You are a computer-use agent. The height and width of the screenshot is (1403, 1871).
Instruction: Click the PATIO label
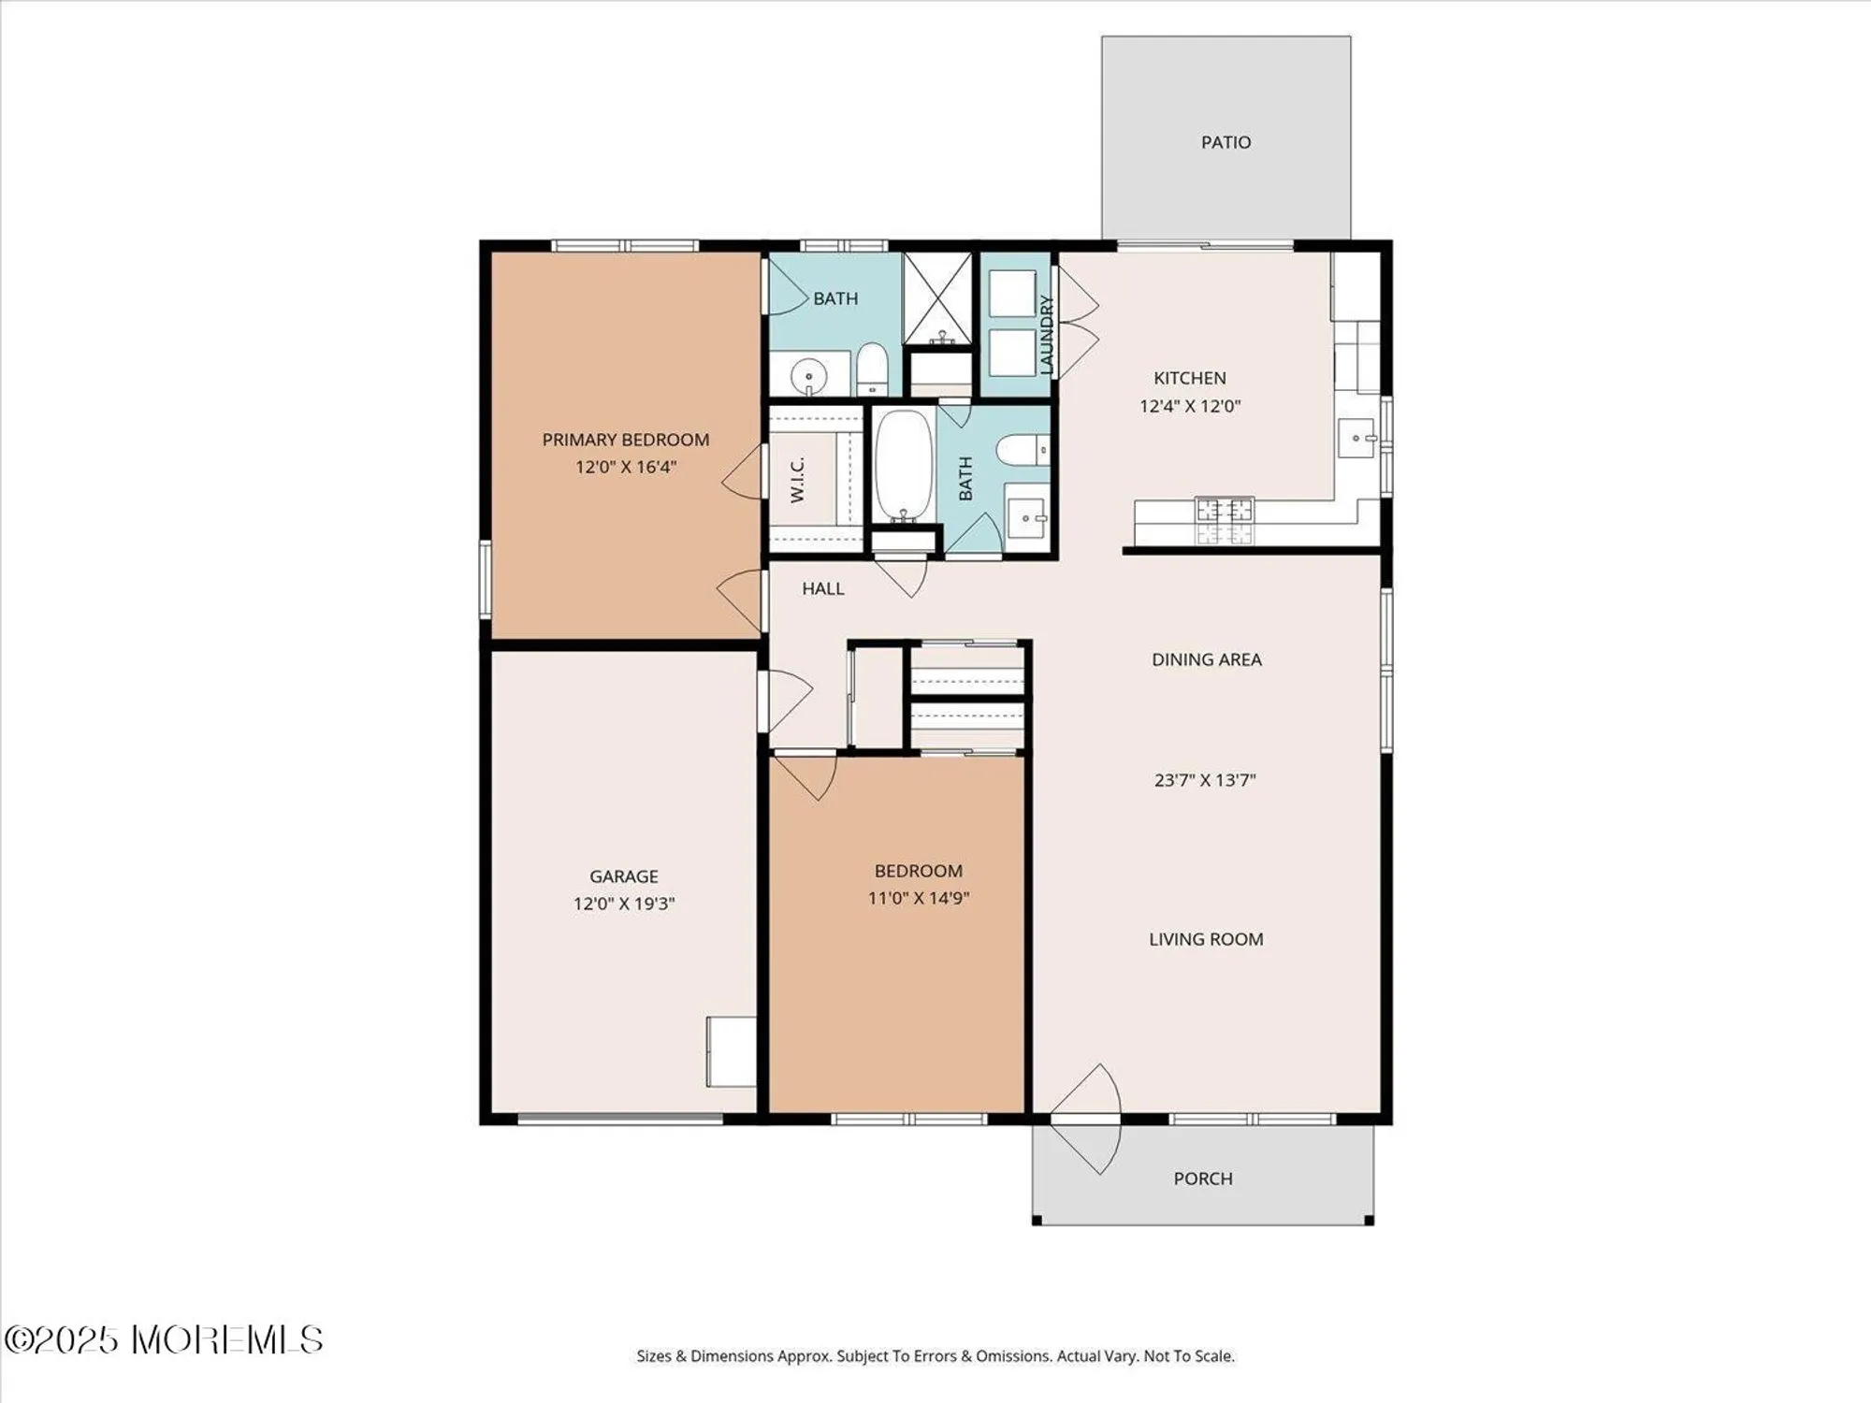pyautogui.click(x=1226, y=142)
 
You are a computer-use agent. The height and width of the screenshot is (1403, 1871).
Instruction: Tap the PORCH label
pyautogui.click(x=1203, y=1179)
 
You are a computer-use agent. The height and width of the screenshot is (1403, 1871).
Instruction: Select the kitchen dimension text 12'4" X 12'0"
pyautogui.click(x=1190, y=406)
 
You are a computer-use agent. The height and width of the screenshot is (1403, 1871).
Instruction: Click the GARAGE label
pyautogui.click(x=624, y=876)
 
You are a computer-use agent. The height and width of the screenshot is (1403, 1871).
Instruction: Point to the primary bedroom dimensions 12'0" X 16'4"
pyautogui.click(x=625, y=467)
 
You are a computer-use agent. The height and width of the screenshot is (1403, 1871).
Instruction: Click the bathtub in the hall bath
pyautogui.click(x=904, y=465)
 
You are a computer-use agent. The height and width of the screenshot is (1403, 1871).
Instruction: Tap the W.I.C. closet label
pyautogui.click(x=797, y=480)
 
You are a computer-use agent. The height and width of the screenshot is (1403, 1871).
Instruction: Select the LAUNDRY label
pyautogui.click(x=1047, y=334)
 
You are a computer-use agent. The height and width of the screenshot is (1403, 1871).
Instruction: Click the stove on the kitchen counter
pyautogui.click(x=1225, y=521)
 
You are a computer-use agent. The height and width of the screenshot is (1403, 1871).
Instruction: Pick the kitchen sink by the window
pyautogui.click(x=1356, y=438)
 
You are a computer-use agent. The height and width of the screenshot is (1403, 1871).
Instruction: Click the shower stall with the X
pyautogui.click(x=938, y=298)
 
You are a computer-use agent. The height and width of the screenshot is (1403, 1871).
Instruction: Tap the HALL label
pyautogui.click(x=823, y=588)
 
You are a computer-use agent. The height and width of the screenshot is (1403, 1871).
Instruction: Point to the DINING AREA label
pyautogui.click(x=1207, y=659)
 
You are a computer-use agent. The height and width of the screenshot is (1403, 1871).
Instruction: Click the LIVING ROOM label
pyautogui.click(x=1206, y=939)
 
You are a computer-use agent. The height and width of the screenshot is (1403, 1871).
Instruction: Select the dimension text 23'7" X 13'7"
pyautogui.click(x=1205, y=780)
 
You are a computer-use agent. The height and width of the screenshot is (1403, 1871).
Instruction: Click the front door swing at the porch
pyautogui.click(x=1087, y=1119)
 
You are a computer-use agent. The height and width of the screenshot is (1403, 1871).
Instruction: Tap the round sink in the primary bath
pyautogui.click(x=808, y=377)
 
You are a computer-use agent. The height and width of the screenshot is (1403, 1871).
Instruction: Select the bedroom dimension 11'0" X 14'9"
pyautogui.click(x=919, y=898)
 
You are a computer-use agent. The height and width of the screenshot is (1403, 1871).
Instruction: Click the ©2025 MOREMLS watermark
pyautogui.click(x=164, y=1339)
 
